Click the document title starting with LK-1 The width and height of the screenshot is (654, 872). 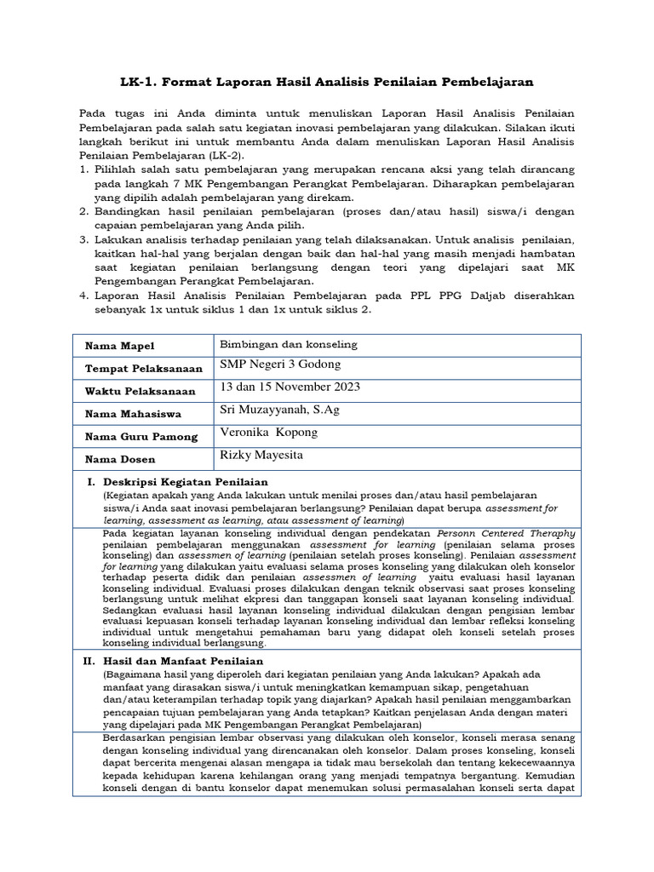326,82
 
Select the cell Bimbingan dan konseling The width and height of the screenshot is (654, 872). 289,344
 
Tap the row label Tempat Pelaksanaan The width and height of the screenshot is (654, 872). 143,369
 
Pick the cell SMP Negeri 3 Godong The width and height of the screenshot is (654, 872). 280,364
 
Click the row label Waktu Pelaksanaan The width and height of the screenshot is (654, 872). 139,392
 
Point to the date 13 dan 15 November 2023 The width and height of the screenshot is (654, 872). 290,387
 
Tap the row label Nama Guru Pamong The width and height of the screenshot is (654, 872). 141,437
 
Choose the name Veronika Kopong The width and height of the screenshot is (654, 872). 268,432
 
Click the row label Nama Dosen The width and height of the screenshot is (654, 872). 120,460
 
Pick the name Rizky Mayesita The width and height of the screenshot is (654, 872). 261,455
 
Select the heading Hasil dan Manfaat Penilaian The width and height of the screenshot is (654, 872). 183,661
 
